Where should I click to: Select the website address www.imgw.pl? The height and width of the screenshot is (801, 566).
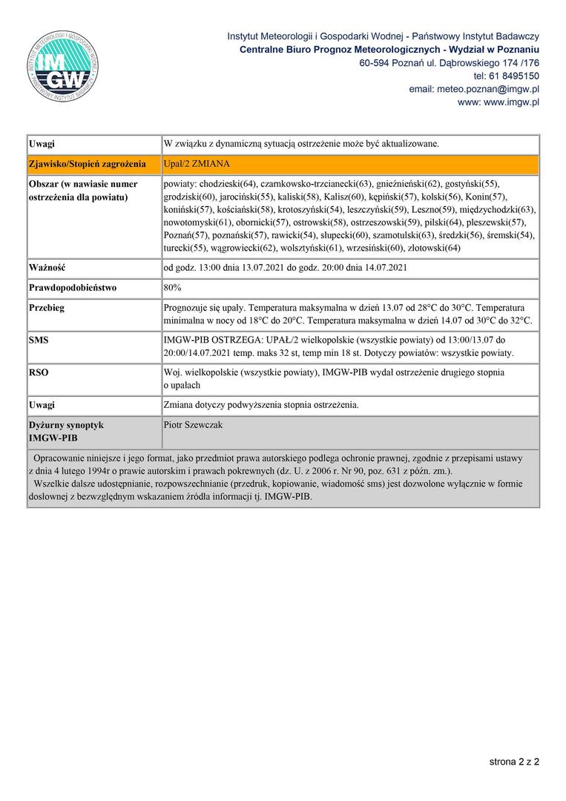(511, 102)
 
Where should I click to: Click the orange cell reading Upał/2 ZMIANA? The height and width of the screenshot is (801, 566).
(198, 163)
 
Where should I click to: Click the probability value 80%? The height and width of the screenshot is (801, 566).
(172, 287)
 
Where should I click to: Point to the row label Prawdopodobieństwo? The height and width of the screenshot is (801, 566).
(73, 287)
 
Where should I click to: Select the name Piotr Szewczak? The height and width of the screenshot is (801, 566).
(192, 425)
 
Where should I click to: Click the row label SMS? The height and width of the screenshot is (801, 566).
(39, 339)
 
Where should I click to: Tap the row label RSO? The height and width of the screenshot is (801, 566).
(39, 372)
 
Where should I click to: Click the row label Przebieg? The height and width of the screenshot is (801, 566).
(47, 307)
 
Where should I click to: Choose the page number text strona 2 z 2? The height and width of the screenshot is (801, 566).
(514, 761)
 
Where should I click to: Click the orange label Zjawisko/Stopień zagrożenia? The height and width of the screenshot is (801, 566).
(87, 163)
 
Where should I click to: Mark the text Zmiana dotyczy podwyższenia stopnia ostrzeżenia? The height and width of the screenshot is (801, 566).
(260, 405)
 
